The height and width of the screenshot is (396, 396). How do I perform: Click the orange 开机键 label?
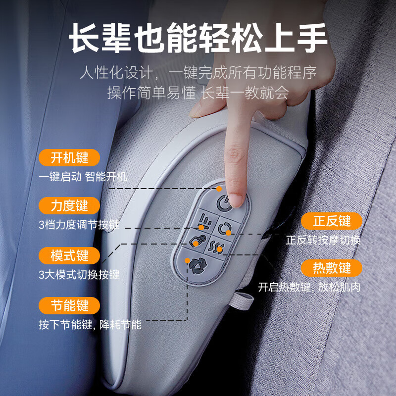click(69, 158)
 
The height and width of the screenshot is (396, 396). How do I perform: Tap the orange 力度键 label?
click(69, 205)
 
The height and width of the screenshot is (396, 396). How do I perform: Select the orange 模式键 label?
click(69, 255)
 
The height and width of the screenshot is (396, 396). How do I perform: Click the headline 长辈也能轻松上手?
click(198, 39)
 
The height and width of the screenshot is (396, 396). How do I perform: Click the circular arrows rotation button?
click(224, 228)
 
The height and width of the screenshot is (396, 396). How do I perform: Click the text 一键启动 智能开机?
click(83, 177)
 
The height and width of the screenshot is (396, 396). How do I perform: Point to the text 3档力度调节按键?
click(79, 225)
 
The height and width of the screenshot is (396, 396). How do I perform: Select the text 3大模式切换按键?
click(79, 274)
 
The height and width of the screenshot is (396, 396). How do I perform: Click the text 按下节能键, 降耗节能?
click(90, 325)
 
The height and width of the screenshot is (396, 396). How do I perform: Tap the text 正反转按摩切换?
click(323, 241)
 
